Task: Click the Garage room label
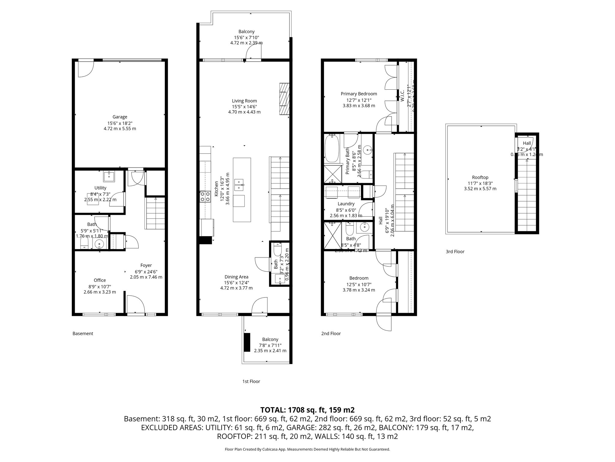tap(120, 117)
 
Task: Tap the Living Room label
tap(244, 101)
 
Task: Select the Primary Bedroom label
tap(359, 94)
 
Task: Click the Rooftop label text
tap(480, 177)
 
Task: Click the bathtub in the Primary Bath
tap(332, 149)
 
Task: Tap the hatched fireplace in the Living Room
tap(284, 99)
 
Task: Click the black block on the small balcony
tap(247, 342)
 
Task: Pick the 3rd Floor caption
tap(455, 251)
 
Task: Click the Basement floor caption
tap(83, 333)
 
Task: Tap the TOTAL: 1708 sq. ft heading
tap(307, 410)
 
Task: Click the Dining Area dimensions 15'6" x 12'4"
tap(236, 282)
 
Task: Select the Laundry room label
tap(346, 204)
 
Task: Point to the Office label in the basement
tap(100, 280)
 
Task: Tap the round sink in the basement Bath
tap(99, 244)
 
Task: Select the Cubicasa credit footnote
tap(307, 449)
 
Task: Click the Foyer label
tap(146, 265)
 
